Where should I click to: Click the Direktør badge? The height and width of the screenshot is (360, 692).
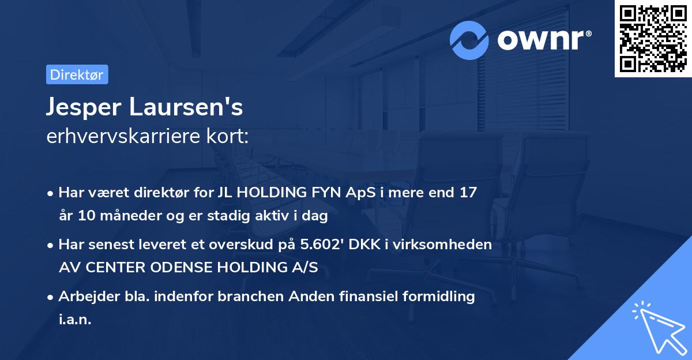tap(77, 74)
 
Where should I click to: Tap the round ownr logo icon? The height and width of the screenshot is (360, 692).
tap(470, 40)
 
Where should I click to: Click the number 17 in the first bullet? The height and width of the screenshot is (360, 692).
tap(468, 193)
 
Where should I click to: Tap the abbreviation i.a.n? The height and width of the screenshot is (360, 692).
tap(76, 320)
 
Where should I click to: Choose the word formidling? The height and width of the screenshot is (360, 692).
tap(430, 297)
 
